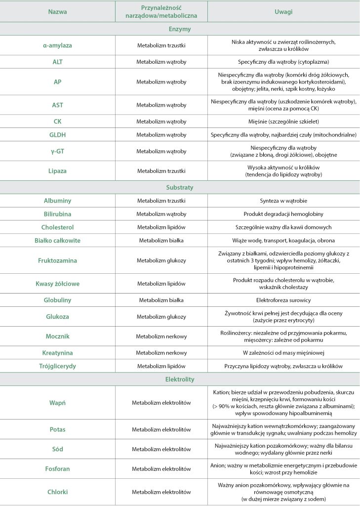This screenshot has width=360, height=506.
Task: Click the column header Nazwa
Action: coord(57,11)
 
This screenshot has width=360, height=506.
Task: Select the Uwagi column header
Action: coord(283,11)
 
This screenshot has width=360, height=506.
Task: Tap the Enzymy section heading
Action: coord(180,29)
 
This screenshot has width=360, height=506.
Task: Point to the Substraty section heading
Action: coord(180,188)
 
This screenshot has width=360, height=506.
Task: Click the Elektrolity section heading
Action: coord(180,379)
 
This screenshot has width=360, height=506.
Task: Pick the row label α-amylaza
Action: coord(57,45)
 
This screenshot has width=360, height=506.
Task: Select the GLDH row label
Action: coord(57,134)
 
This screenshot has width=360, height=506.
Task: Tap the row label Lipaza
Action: coord(57,171)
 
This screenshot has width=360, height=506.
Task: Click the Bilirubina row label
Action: coord(57,214)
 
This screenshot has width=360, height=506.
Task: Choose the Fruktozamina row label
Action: coord(57,260)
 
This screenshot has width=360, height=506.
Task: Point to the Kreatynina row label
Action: coord(57,353)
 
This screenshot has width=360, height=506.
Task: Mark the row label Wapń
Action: coord(57,403)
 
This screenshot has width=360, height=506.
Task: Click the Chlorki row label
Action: coord(57,492)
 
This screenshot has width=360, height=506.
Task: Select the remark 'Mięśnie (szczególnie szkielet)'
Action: coord(283,121)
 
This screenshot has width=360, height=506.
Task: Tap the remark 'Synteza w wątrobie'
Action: coord(283,201)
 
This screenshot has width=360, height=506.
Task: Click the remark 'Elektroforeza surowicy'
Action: coord(283,300)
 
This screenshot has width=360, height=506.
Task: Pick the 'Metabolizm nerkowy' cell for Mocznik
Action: coord(161,336)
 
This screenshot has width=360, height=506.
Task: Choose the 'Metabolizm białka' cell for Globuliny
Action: coord(161,300)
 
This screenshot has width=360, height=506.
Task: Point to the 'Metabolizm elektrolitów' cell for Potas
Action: coord(161,429)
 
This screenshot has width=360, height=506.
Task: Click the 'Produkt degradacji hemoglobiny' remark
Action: coord(283,214)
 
